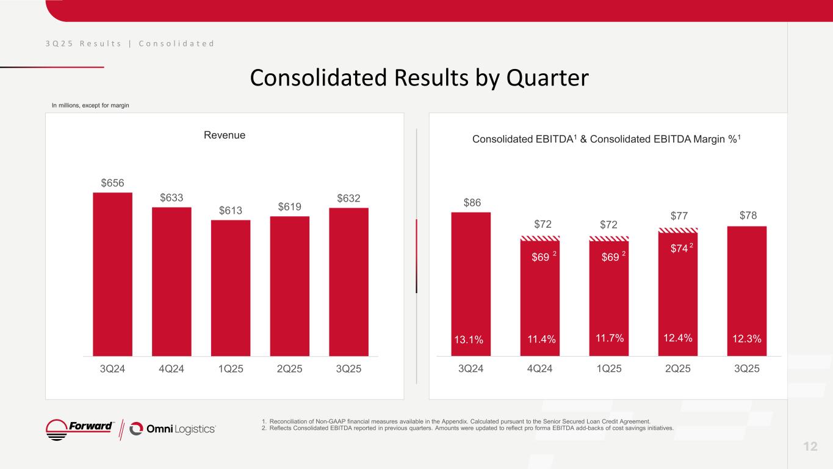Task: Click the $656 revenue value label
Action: click(x=112, y=183)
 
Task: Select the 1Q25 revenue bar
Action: click(x=230, y=287)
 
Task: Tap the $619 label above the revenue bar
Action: click(x=289, y=206)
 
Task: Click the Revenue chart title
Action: click(x=225, y=135)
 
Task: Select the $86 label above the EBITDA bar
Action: click(x=471, y=202)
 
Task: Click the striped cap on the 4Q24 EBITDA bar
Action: click(x=539, y=238)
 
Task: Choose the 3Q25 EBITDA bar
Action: click(x=746, y=287)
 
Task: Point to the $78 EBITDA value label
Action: click(x=746, y=216)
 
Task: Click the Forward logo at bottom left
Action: click(x=79, y=429)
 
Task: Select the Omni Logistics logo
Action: click(x=173, y=429)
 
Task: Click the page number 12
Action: click(x=810, y=446)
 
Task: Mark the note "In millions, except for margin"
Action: click(x=90, y=106)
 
